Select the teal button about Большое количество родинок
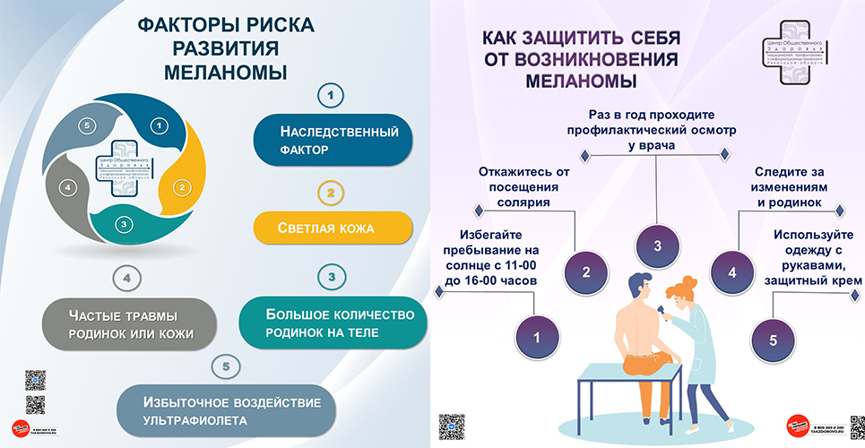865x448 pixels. pos(333,323)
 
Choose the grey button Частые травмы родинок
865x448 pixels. pos(129,323)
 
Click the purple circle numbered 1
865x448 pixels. pos(537,338)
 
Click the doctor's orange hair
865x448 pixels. pos(686,289)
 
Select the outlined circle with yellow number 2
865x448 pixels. pos(331,192)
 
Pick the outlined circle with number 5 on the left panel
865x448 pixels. pos(227,366)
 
